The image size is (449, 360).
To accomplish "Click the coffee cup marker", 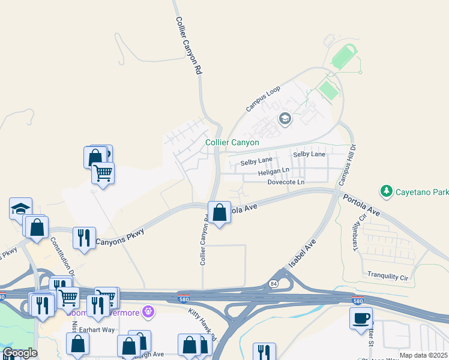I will pyautogui.click(x=361, y=318).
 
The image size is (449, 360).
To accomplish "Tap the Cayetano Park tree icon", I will pyautogui.click(x=387, y=191).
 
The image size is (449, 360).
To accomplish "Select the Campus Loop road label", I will pyautogui.click(x=263, y=99).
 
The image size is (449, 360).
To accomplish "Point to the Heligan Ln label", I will pyautogui.click(x=273, y=172).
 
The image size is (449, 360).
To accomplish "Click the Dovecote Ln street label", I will pyautogui.click(x=286, y=182).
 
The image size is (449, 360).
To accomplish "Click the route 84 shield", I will pyautogui.click(x=274, y=284).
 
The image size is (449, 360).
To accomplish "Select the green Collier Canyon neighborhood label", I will pyautogui.click(x=232, y=143).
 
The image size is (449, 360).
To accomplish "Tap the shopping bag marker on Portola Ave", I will pyautogui.click(x=220, y=212).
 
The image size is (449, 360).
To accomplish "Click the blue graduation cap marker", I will pyautogui.click(x=20, y=209).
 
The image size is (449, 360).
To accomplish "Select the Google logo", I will pyautogui.click(x=20, y=353).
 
